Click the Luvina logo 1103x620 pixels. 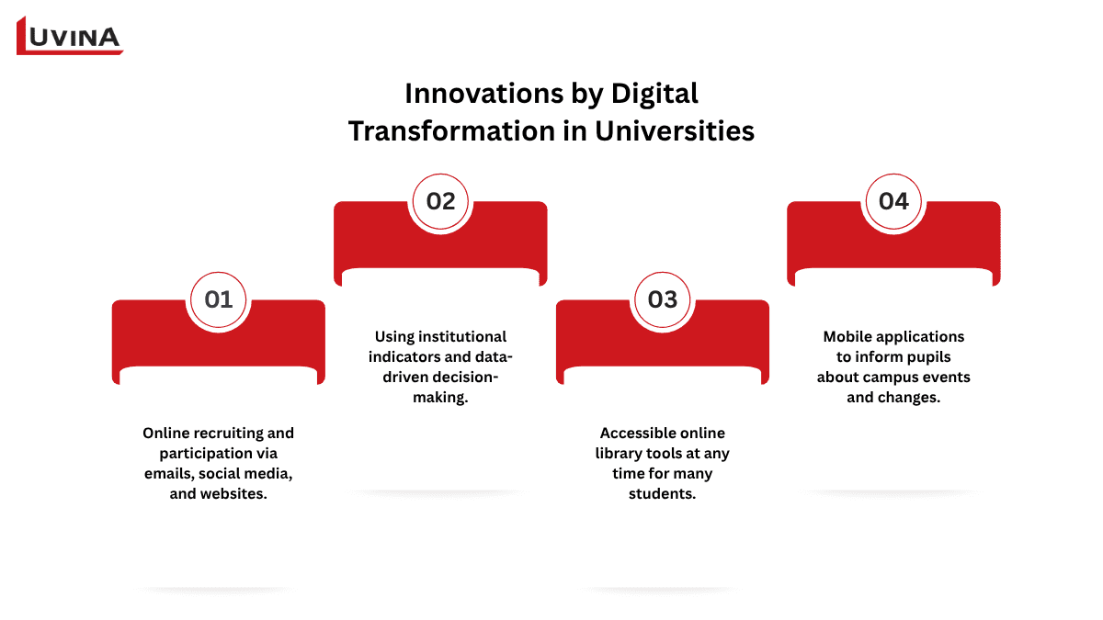click(x=70, y=36)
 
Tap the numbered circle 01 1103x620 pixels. click(x=219, y=299)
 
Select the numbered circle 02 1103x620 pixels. click(x=441, y=201)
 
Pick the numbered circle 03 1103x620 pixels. click(x=663, y=299)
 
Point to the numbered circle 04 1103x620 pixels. click(x=893, y=201)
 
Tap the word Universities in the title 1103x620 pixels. click(x=675, y=131)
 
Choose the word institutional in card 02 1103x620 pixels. click(x=463, y=336)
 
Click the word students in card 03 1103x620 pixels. click(x=662, y=493)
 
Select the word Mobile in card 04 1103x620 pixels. click(x=847, y=336)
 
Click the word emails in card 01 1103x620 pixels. click(x=169, y=473)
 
